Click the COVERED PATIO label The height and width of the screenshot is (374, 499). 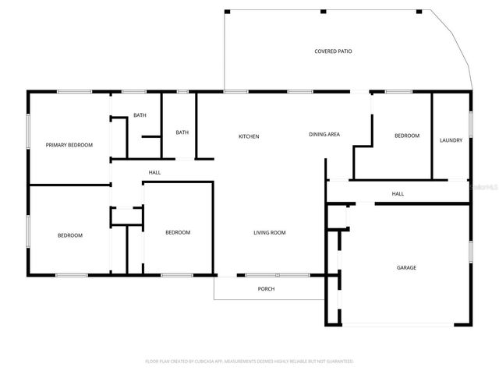click(x=333, y=51)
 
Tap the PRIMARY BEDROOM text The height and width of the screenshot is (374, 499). click(x=69, y=145)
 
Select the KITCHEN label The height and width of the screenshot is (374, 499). click(x=249, y=136)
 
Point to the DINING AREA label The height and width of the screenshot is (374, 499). click(x=324, y=135)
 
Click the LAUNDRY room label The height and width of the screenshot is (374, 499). click(x=451, y=140)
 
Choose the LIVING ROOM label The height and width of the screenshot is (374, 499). click(x=270, y=232)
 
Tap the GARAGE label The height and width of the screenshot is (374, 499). click(x=406, y=267)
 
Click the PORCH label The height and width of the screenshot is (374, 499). click(x=266, y=289)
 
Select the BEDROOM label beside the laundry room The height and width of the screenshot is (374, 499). click(x=406, y=136)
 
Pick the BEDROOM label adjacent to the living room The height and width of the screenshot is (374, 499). click(x=177, y=232)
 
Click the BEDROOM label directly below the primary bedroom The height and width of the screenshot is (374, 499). click(x=69, y=235)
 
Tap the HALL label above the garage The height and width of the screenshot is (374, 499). click(x=398, y=194)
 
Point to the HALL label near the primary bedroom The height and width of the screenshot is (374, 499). click(x=154, y=172)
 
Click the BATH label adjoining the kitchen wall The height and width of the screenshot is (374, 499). click(x=182, y=132)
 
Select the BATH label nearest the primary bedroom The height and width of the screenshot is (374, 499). click(x=140, y=115)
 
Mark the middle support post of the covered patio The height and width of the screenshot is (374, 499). click(x=322, y=11)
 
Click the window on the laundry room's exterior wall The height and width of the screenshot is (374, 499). click(x=471, y=125)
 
